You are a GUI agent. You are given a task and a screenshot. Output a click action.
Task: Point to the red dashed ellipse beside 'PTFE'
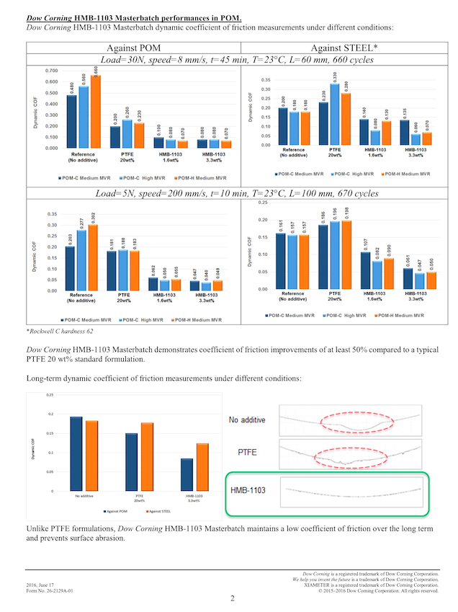click(349, 455)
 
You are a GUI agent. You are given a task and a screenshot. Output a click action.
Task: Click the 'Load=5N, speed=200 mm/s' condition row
click(228, 194)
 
